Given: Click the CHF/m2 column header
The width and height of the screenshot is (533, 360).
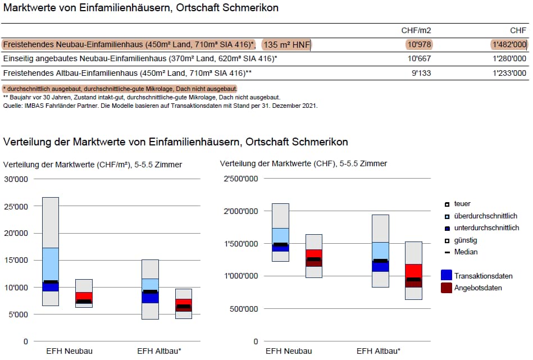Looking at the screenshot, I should pyautogui.click(x=416, y=30).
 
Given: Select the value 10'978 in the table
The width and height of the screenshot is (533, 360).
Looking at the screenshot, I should pyautogui.click(x=418, y=44).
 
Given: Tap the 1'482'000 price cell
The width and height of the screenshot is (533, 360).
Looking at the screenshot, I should pyautogui.click(x=509, y=44).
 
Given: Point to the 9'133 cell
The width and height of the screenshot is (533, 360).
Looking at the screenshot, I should pyautogui.click(x=421, y=73).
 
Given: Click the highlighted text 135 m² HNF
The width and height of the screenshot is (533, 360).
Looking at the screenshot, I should pyautogui.click(x=287, y=45).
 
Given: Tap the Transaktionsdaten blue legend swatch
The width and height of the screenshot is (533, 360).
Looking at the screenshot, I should pyautogui.click(x=447, y=275).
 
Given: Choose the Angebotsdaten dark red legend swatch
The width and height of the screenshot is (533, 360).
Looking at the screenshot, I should pyautogui.click(x=447, y=288).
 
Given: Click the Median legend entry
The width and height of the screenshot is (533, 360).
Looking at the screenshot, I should pyautogui.click(x=466, y=252).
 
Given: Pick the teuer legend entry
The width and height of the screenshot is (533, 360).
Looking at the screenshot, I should pyautogui.click(x=462, y=204).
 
